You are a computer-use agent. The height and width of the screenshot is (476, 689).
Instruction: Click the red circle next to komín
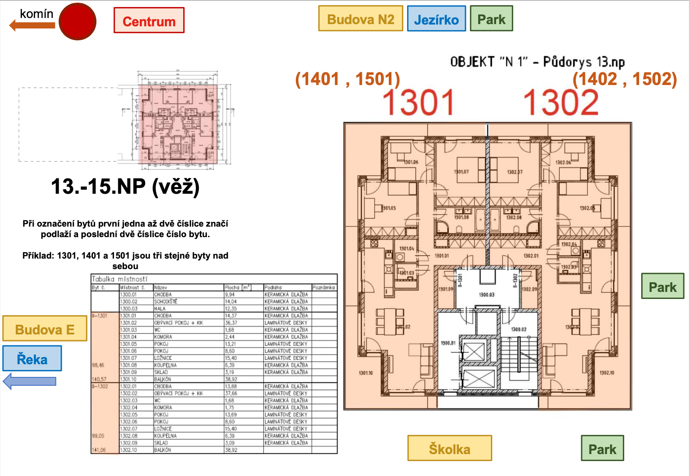tap(78, 21)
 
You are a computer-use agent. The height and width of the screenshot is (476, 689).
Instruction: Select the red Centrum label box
tap(149, 21)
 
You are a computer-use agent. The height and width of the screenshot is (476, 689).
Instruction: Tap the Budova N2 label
tap(360, 19)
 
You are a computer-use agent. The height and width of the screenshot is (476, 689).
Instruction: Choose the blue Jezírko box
tap(436, 19)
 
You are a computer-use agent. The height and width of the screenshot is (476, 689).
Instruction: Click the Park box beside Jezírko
tap(491, 19)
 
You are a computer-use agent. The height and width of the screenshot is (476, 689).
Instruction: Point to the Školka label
tap(450, 448)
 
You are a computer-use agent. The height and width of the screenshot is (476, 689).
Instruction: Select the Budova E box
tap(45, 329)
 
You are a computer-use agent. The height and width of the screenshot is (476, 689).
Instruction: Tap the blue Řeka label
tap(32, 359)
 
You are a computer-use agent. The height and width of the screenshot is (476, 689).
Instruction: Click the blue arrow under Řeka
tap(29, 381)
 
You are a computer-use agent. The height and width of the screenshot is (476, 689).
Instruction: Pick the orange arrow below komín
tap(32, 25)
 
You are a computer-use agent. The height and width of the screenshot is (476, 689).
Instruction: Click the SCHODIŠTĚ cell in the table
tap(166, 302)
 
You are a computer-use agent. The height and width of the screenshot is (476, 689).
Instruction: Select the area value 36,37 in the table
tap(231, 323)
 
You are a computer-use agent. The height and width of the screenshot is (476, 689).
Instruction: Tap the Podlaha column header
tap(273, 288)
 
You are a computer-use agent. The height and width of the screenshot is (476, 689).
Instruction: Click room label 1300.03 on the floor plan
tap(487, 295)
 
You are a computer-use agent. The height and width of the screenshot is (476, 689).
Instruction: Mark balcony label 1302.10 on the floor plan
tap(607, 373)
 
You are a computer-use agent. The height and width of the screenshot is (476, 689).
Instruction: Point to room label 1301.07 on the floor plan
tap(462, 172)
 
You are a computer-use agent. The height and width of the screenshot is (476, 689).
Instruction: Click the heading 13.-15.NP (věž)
tap(125, 187)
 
